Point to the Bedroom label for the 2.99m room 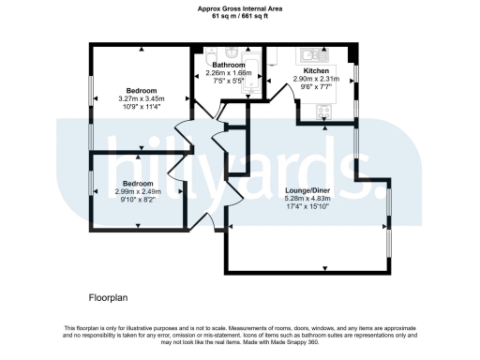pyautogui.click(x=139, y=183)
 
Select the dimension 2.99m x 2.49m pyautogui.click(x=139, y=191)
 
